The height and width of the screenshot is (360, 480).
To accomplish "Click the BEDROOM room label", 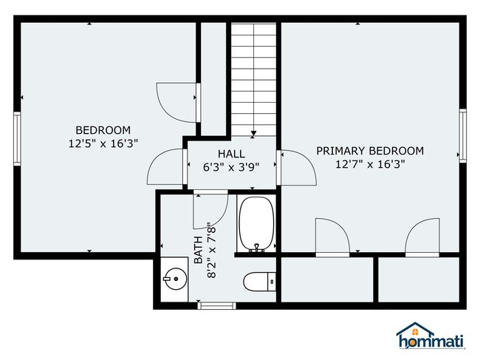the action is [x=103, y=130].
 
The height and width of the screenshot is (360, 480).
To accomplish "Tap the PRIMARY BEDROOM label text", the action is [x=370, y=151].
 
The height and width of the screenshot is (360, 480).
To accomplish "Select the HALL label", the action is [x=231, y=154].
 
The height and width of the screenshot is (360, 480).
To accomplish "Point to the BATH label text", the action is [x=199, y=250].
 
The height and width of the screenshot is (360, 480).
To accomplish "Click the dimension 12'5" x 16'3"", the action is [x=103, y=143].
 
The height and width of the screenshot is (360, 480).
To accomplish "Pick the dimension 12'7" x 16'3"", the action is [x=370, y=164].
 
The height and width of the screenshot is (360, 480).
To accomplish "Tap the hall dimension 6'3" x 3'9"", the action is [x=231, y=167].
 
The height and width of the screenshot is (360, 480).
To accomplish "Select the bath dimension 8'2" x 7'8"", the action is [x=211, y=250].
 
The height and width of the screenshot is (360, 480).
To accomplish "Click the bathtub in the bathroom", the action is [x=256, y=224].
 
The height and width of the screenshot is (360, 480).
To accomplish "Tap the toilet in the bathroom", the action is [x=260, y=282].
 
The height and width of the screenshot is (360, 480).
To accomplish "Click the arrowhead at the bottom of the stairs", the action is [x=253, y=134].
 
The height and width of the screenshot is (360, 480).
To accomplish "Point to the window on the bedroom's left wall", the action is [x=17, y=139].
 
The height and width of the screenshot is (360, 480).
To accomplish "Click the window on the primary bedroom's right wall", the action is [x=462, y=136].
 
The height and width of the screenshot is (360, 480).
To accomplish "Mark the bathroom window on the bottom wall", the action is [x=216, y=305].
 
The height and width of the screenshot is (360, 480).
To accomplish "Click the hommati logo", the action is [x=431, y=336].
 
